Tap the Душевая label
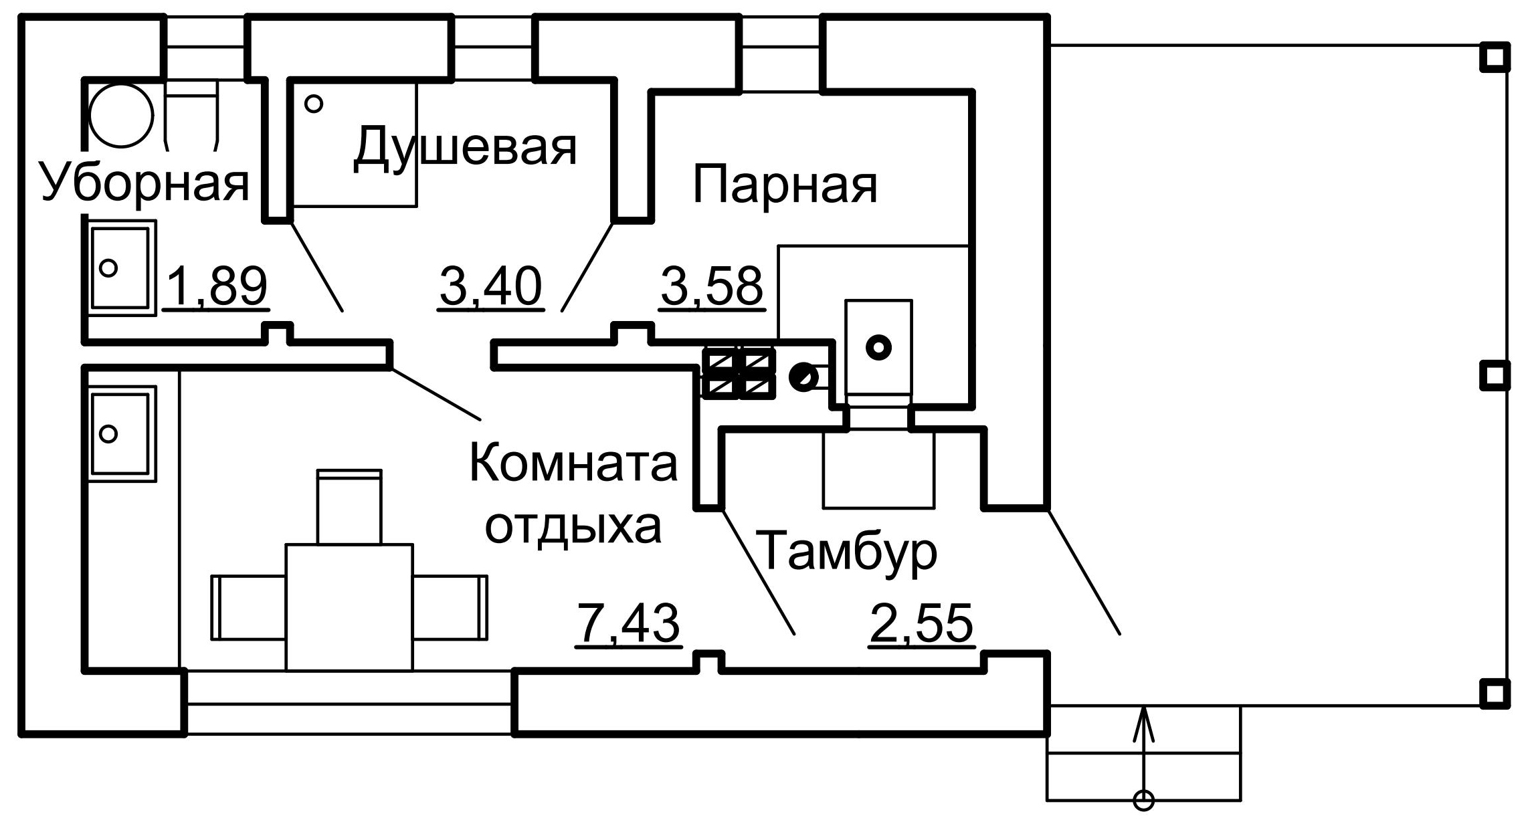click(x=464, y=147)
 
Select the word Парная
click(x=785, y=185)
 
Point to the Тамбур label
click(x=849, y=550)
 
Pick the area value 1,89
click(x=216, y=287)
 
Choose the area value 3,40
click(x=490, y=287)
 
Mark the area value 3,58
click(x=711, y=287)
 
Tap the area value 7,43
click(x=628, y=624)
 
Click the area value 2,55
click(x=921, y=624)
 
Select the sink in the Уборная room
click(x=120, y=268)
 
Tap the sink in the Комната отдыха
click(x=120, y=433)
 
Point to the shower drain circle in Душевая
click(x=314, y=104)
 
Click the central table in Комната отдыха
click(x=349, y=607)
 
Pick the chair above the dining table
click(x=349, y=506)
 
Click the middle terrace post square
click(x=1495, y=375)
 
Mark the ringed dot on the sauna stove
click(x=878, y=347)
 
